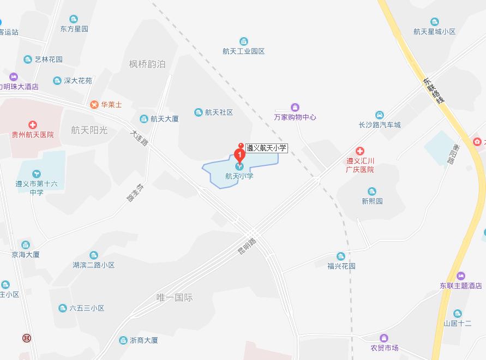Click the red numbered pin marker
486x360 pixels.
pos(238,153)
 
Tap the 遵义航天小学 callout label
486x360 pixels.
pos(266,147)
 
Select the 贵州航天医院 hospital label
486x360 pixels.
pos(33,134)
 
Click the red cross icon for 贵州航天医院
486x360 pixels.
pos(33,125)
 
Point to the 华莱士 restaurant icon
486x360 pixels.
pos(94,104)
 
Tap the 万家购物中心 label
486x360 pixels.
pos(295,117)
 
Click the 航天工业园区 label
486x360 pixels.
pos(243,51)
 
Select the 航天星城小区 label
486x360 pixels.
pos(434,32)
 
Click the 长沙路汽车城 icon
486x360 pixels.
pos(379,115)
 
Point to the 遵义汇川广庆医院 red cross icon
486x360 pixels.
pos(360,151)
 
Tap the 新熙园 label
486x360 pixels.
pos(372,201)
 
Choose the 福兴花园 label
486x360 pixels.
pos(341,266)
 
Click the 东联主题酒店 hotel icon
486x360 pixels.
pos(461,275)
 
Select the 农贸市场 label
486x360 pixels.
pos(385,348)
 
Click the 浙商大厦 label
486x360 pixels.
pos(144,340)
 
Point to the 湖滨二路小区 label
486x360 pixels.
pos(94,265)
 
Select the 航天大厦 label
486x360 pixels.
pos(164,119)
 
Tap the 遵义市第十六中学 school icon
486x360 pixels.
pos(36,174)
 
